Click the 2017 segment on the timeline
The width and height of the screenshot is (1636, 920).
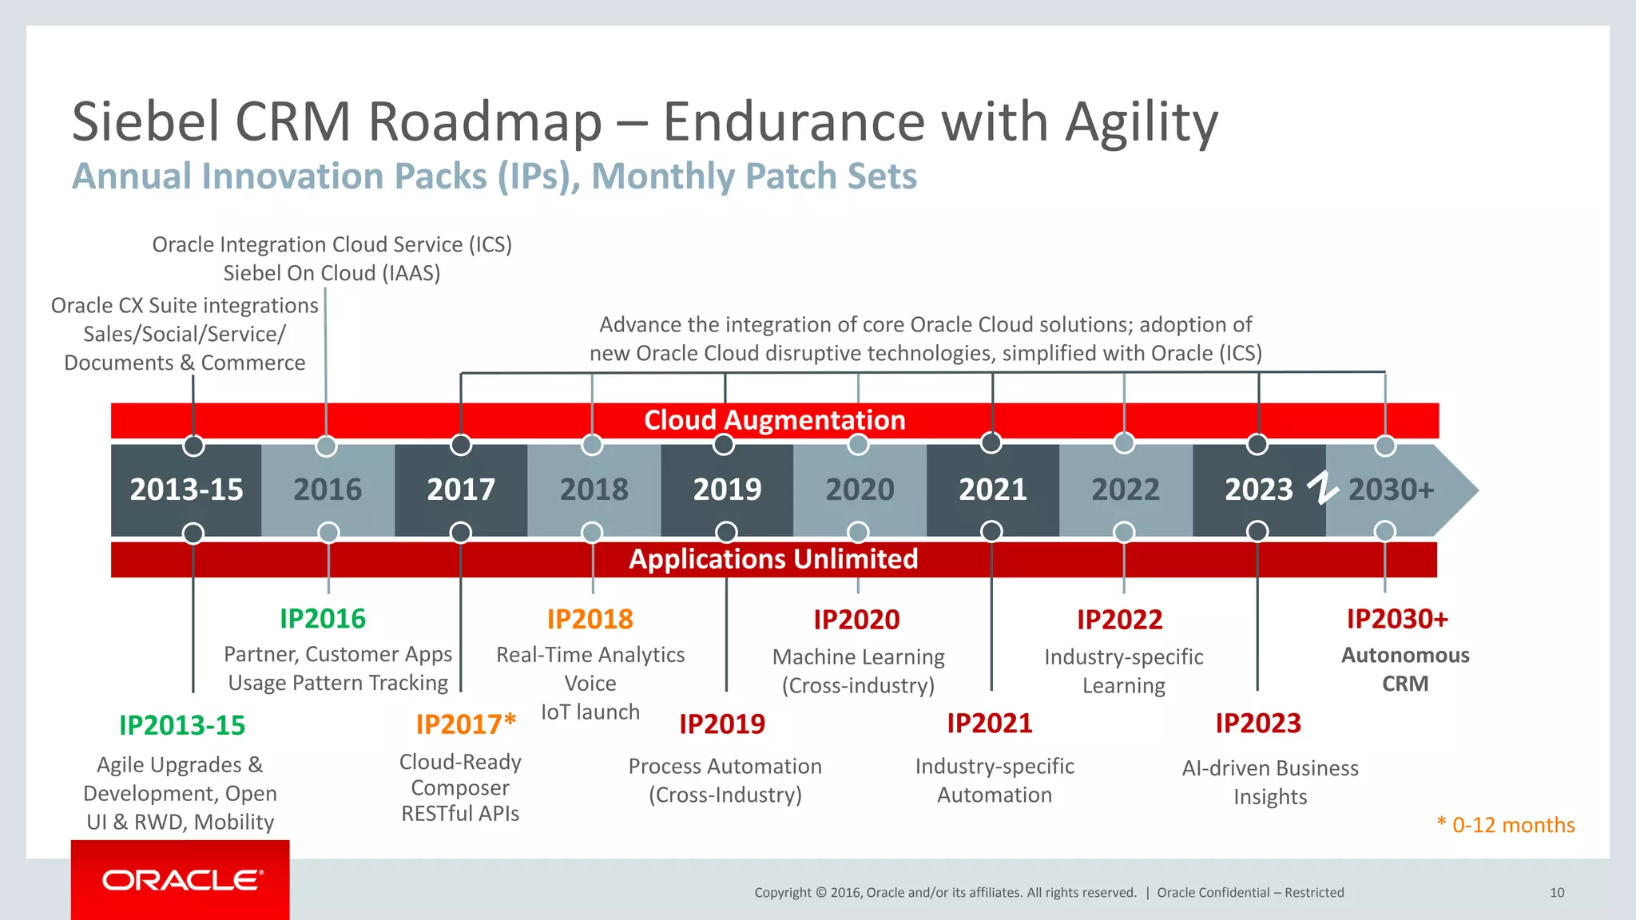tap(461, 490)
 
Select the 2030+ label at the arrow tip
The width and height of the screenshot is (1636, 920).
tap(1391, 490)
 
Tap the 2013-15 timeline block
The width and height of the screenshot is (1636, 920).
tap(186, 490)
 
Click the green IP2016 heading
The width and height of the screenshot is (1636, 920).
tap(323, 619)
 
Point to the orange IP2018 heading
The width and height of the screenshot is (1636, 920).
tap(590, 619)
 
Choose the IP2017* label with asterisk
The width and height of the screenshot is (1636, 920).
tap(466, 724)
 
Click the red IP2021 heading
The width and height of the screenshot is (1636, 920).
tap(990, 724)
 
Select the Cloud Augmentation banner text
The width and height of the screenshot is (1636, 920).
tap(774, 420)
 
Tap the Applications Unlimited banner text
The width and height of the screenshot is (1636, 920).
tap(773, 559)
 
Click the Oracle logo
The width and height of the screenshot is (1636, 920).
tap(181, 880)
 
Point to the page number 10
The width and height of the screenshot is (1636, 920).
tap(1557, 893)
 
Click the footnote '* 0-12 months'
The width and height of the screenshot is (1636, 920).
tap(1506, 825)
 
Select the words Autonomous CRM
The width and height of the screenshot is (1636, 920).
tap(1405, 669)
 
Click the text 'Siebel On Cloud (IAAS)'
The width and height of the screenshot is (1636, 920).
tap(332, 273)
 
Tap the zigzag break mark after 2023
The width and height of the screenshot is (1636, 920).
tap(1323, 488)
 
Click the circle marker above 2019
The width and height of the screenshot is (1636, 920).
tap(724, 444)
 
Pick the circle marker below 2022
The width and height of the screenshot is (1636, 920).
tap(1124, 532)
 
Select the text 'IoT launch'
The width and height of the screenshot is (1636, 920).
tap(590, 712)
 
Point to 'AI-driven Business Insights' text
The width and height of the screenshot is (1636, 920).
tap(1270, 782)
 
